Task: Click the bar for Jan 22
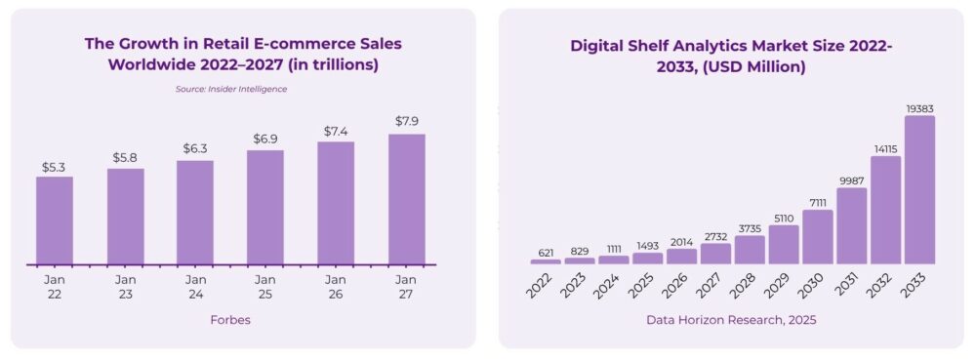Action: [55, 220]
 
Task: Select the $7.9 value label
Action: [406, 121]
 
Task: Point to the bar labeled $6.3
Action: [195, 212]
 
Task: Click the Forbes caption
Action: [230, 320]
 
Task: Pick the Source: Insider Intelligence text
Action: [230, 89]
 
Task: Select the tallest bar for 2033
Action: [919, 190]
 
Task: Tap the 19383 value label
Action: [919, 107]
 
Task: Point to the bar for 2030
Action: [818, 237]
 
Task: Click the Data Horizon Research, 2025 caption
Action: [731, 320]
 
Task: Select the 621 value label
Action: [546, 252]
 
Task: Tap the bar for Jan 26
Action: [336, 203]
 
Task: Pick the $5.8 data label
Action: [126, 157]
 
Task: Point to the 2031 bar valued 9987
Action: [852, 225]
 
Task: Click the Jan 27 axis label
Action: [406, 287]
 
